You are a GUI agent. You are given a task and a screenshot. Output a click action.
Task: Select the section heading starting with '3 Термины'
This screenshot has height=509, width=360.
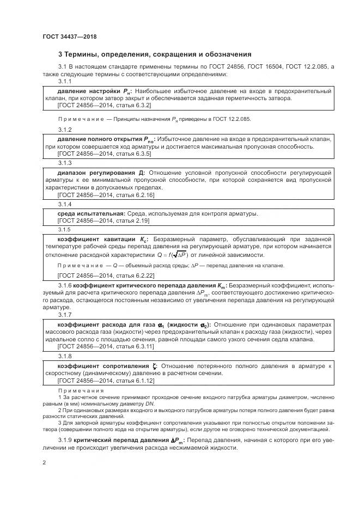(x=154, y=54)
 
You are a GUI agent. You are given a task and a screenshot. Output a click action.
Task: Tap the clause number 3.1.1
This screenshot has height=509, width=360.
(x=65, y=81)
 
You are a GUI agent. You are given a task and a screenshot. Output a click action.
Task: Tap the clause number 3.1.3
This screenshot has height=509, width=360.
(x=65, y=163)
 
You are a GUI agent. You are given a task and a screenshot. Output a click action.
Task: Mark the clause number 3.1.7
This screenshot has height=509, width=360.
(x=65, y=315)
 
